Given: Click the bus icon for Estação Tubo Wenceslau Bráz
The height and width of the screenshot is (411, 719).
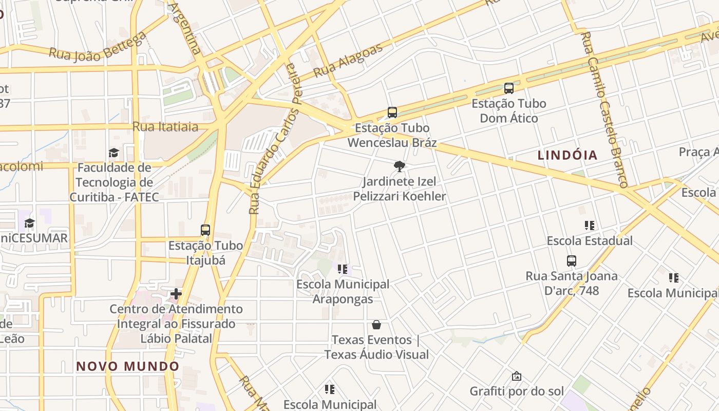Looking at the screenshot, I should (x=392, y=112).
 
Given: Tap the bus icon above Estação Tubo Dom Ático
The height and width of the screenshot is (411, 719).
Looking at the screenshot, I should (x=509, y=88).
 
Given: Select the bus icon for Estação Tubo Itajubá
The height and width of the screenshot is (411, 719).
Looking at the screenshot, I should (x=205, y=230).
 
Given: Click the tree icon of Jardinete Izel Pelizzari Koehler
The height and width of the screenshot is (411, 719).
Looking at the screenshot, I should (x=399, y=166).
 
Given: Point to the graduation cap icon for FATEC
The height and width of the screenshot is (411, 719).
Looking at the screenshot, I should (x=113, y=153).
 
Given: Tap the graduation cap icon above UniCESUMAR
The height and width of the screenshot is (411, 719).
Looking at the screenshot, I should (x=30, y=223).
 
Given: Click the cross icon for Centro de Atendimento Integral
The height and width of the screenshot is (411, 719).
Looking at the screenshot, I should (x=176, y=294).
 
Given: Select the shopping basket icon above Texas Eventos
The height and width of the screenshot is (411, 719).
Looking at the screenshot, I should (x=376, y=325).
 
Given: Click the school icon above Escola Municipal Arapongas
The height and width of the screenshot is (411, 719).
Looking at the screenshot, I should (x=343, y=269).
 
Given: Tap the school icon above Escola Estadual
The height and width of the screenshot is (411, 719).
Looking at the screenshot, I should (x=589, y=225).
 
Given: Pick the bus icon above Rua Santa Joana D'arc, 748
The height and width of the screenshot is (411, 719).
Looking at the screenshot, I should (x=572, y=260).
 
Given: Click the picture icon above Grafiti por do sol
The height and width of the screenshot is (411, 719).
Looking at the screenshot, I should (x=517, y=376).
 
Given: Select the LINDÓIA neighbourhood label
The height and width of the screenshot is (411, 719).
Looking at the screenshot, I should (x=567, y=155).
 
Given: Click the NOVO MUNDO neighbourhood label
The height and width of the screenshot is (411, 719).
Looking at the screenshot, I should (x=128, y=366).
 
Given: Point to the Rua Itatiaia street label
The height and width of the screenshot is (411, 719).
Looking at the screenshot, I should (x=165, y=127).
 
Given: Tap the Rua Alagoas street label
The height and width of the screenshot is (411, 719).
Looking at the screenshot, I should (x=348, y=60).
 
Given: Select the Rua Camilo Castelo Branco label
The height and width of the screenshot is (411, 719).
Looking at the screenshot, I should (x=604, y=108).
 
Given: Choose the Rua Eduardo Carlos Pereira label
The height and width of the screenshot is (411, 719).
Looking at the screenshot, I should (x=273, y=139).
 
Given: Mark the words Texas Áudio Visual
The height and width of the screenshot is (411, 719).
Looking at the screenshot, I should (x=376, y=354).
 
